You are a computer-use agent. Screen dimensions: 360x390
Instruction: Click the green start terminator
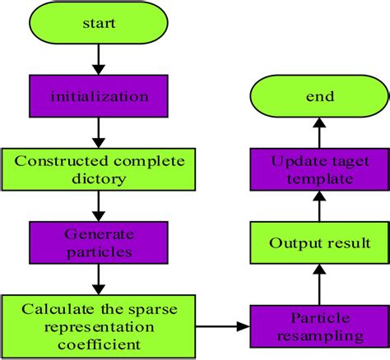tap(98, 25)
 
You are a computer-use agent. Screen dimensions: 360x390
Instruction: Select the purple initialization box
tap(98, 96)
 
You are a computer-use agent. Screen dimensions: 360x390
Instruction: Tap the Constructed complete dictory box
tap(98, 168)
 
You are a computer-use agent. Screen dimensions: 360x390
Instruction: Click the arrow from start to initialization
tap(98, 60)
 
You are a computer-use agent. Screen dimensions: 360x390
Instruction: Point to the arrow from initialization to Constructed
tap(98, 131)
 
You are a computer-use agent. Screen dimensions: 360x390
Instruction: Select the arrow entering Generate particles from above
tap(98, 205)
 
